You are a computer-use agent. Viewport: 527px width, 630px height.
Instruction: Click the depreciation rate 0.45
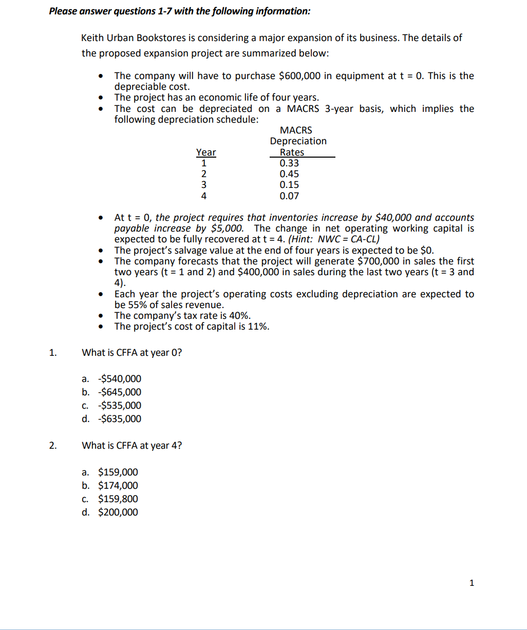(289, 174)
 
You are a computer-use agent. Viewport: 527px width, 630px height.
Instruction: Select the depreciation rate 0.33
(289, 163)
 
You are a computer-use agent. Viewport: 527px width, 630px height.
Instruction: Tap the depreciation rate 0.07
(289, 196)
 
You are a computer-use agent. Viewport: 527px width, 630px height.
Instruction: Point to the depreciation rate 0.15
(289, 185)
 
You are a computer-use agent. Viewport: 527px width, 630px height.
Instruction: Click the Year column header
(206, 152)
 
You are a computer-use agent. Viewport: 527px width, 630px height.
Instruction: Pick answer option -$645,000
(119, 392)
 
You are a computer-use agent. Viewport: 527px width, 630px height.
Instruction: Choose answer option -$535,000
(119, 406)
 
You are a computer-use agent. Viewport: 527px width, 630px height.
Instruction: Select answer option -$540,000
(119, 379)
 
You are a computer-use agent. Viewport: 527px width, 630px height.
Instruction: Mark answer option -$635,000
(119, 419)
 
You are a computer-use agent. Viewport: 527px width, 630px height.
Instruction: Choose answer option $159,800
(118, 499)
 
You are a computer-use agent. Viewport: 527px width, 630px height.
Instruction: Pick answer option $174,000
(118, 486)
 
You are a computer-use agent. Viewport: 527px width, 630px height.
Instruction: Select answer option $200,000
(118, 512)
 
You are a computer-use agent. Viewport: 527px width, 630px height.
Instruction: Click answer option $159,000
(118, 472)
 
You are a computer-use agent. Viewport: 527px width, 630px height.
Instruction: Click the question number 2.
(52, 446)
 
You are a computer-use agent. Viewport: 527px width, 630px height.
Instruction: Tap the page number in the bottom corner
(472, 583)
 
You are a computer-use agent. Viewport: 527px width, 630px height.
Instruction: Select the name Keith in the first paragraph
(92, 38)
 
